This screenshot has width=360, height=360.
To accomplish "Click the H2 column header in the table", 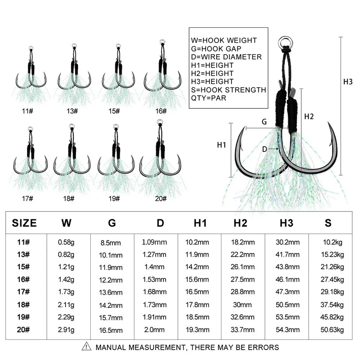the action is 240,223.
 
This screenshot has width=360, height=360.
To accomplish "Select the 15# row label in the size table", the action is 23,267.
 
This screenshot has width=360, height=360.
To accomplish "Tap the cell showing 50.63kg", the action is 332,330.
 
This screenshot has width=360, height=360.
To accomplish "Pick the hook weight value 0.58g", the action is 66,242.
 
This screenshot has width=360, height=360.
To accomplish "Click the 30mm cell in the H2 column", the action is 243,304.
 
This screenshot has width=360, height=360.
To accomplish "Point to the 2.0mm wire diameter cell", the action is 154,330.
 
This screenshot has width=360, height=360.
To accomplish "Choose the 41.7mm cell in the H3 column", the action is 288,254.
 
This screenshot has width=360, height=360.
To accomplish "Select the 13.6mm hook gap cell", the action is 111,292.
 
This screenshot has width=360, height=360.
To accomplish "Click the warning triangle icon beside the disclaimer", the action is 86,346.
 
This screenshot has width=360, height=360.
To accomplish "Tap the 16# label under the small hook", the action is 161,111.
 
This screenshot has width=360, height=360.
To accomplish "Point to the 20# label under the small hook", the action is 161,199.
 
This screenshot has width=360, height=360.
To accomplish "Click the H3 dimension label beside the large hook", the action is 348,82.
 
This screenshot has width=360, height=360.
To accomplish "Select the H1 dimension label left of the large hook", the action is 222,145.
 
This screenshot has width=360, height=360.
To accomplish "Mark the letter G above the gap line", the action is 264,121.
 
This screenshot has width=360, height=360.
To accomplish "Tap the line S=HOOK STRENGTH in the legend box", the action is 228,90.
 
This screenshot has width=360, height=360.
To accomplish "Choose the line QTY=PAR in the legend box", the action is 208,98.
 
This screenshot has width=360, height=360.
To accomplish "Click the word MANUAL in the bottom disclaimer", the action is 111,347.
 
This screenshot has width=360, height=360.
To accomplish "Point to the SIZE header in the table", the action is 24,223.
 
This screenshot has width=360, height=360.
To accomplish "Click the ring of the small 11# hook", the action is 31,48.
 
